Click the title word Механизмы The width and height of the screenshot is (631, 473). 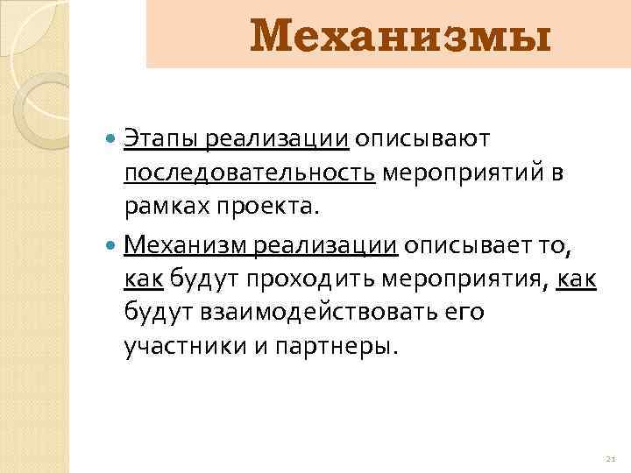401,37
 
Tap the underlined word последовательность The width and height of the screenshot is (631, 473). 250,173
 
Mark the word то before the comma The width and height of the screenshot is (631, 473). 554,246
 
